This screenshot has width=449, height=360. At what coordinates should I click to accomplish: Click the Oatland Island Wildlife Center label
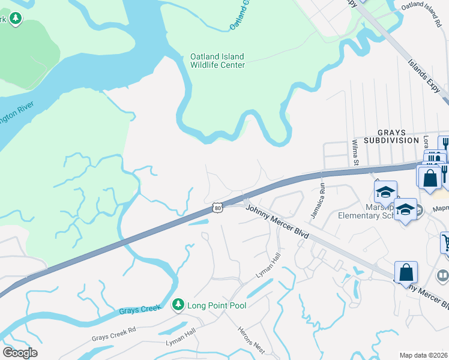tap(217, 61)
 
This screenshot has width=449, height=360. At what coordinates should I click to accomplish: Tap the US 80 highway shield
tap(218, 208)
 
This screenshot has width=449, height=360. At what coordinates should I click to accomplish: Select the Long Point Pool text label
tap(217, 305)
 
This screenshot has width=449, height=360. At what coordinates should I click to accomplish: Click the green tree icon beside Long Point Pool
tap(178, 305)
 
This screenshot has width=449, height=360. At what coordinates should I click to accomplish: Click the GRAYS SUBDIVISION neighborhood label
tap(398, 136)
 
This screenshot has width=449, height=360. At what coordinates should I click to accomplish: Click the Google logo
tap(20, 353)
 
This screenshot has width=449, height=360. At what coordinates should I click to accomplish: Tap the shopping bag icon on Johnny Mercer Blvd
tap(406, 272)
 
